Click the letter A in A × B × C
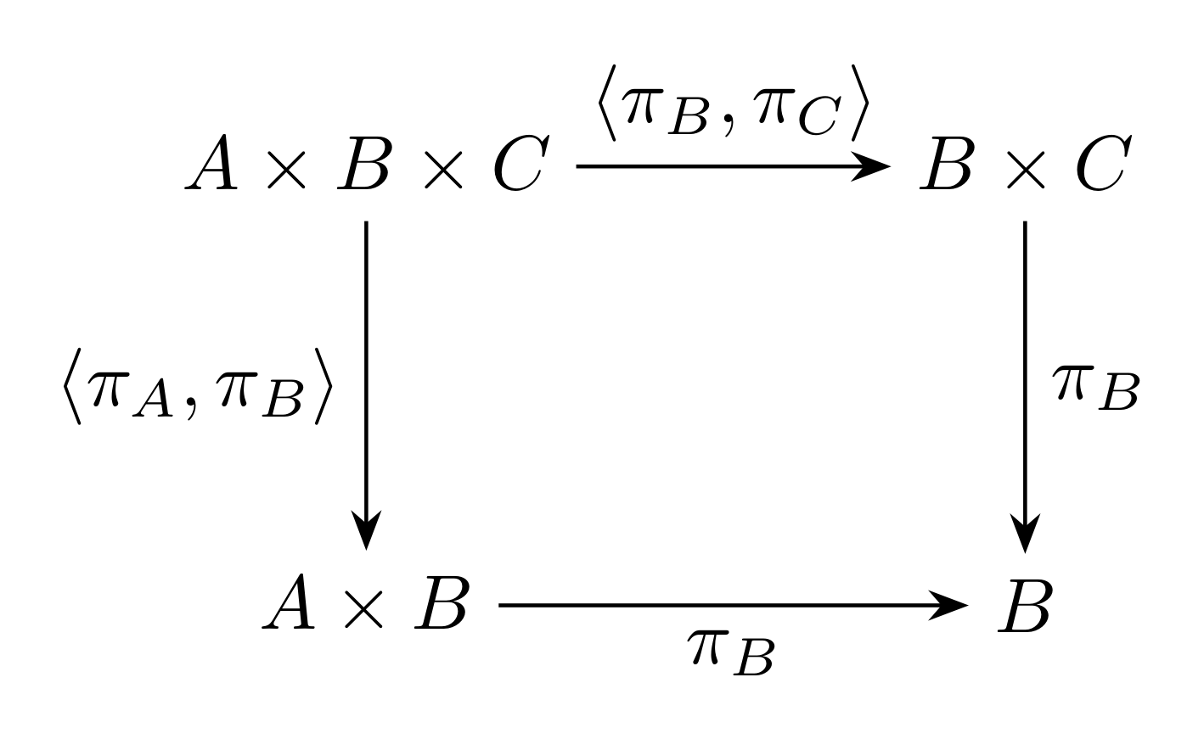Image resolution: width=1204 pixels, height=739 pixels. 211,162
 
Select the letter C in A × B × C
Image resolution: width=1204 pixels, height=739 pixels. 520,162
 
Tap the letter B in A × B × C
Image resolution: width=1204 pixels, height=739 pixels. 363,163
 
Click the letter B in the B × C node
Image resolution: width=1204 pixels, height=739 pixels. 946,163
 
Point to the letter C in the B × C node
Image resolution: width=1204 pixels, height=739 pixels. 1104,162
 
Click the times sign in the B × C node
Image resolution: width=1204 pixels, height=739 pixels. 1026,170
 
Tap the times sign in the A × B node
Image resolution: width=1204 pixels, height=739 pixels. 364,609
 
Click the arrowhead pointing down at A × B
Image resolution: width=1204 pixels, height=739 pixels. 366,529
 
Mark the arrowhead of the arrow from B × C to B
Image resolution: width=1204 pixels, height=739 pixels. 1025,533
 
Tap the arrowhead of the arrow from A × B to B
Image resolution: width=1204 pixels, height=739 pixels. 949,605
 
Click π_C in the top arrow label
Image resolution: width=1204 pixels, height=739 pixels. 796,112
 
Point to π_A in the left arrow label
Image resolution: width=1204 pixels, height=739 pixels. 132,395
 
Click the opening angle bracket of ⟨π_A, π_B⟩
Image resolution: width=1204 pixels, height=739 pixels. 72,387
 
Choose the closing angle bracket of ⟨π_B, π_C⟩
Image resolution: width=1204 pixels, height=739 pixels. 860,104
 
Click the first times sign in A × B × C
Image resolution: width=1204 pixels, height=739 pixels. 286,170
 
